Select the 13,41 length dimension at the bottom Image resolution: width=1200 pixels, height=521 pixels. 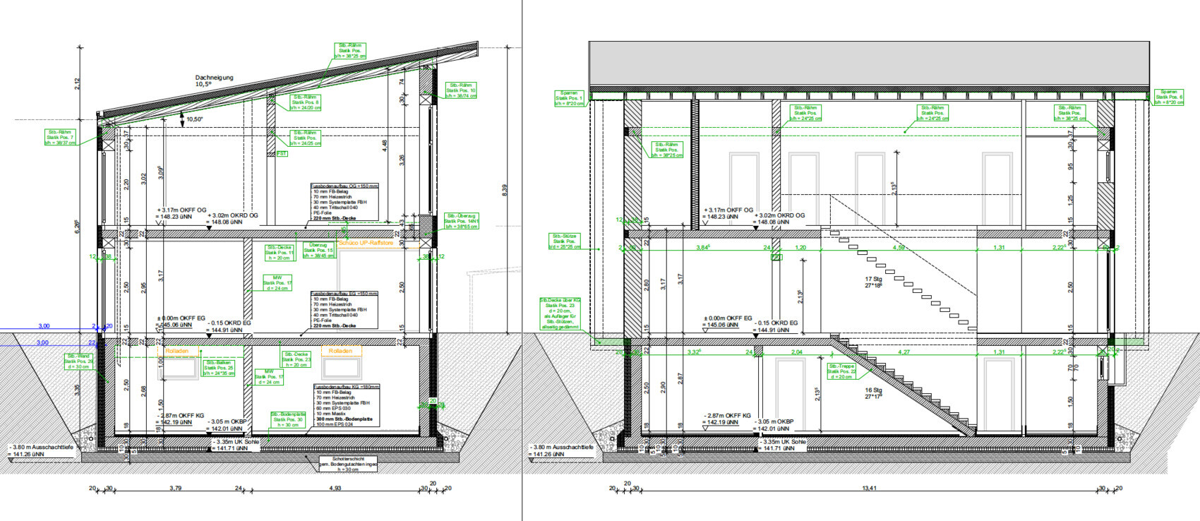click(869, 488)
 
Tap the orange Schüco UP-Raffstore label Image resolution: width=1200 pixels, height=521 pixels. click(366, 242)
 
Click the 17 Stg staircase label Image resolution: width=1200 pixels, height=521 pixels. click(873, 282)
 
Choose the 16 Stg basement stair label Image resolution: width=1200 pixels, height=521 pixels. click(873, 393)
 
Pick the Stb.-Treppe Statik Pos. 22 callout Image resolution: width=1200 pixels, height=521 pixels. click(841, 371)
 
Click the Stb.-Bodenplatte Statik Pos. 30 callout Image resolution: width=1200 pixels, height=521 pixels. click(288, 419)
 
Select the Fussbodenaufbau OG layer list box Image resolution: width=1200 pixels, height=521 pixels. click(344, 202)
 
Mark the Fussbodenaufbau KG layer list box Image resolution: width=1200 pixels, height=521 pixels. click(346, 407)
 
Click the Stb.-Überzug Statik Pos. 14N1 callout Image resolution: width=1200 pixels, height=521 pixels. click(462, 222)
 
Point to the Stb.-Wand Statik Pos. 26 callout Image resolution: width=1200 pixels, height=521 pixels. click(78, 361)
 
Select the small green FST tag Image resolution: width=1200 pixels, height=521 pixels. click(282, 153)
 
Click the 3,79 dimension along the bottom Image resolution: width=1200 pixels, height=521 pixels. click(175, 488)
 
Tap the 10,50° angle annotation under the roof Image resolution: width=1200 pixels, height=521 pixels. click(194, 119)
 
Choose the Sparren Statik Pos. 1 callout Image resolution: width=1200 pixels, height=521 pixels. click(569, 98)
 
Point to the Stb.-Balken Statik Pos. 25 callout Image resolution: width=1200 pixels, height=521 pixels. click(219, 368)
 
